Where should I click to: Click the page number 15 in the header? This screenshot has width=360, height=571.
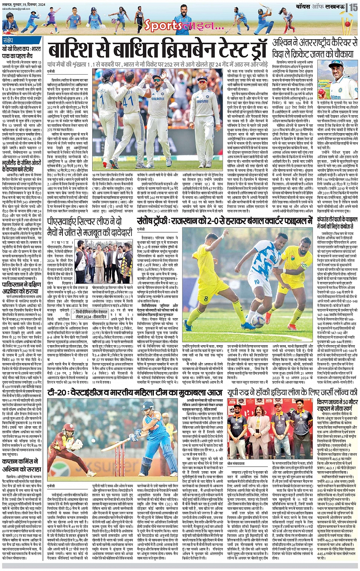pos(354,7)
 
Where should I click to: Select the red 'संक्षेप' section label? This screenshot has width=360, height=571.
pos(8,40)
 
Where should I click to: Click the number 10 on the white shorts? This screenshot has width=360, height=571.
pos(256,282)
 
